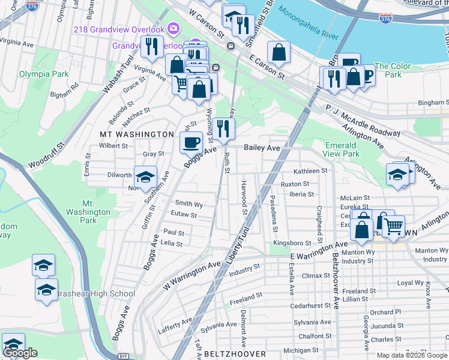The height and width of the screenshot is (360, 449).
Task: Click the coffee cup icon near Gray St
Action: point(191,142)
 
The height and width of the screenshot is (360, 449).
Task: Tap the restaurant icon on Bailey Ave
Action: point(223,128)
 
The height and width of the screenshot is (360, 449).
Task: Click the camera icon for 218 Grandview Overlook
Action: point(173,28)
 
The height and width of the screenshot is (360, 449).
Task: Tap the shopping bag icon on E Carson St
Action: point(279,52)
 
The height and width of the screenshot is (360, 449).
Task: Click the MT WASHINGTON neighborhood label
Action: point(137,134)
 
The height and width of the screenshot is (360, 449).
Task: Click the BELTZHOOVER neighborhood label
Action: point(235,354)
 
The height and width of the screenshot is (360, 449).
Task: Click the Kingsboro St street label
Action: point(292,243)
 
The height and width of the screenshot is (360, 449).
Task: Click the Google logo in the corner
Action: point(21,353)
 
